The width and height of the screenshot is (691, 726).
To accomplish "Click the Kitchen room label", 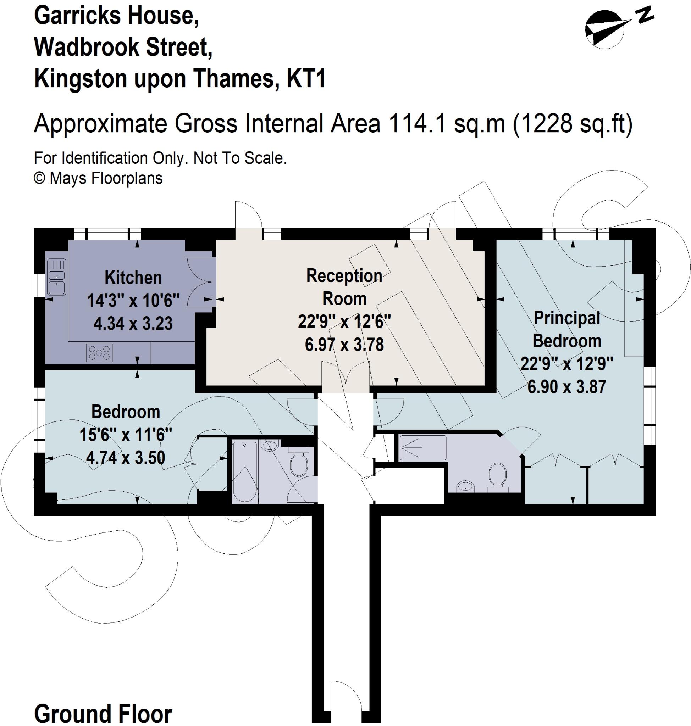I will click(x=133, y=278).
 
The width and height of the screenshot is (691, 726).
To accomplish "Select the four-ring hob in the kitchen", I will click(x=99, y=352).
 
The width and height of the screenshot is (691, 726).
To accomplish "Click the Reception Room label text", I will click(x=344, y=287).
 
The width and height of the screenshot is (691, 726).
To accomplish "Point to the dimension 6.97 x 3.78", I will click(x=344, y=345).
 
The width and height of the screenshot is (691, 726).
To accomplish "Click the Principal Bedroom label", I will click(x=566, y=329).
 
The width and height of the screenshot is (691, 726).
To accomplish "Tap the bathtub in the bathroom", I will click(x=244, y=472).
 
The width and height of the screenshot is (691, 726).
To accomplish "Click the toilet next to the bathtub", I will click(x=299, y=464).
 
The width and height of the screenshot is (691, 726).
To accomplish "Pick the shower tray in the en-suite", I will click(x=423, y=448).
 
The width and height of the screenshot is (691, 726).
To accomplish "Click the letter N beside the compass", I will click(x=645, y=16).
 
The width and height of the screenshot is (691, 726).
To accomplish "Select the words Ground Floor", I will click(x=103, y=714).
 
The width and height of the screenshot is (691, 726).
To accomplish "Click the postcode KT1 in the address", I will click(x=306, y=78).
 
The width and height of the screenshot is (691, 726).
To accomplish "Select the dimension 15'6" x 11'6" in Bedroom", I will click(x=126, y=435).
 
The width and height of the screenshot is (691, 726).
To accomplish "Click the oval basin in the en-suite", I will click(x=465, y=487).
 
